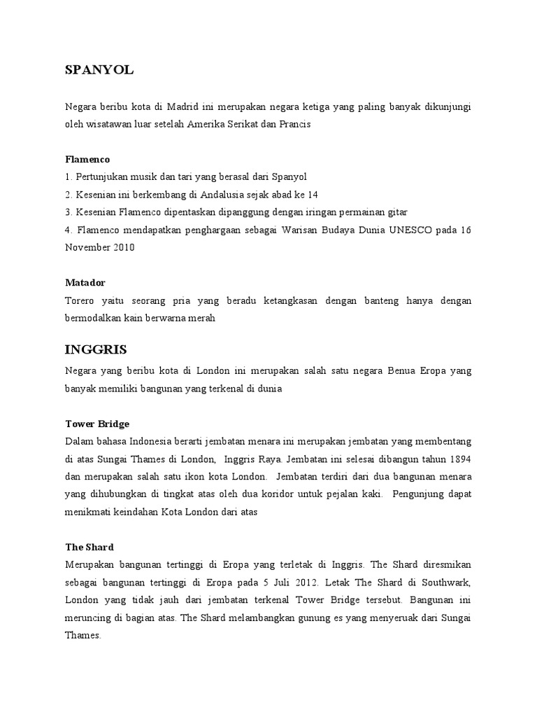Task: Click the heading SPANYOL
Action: point(99,69)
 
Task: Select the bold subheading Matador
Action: point(85,282)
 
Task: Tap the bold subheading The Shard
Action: point(89,546)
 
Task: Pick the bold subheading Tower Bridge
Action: point(97,424)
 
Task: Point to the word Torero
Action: point(80,300)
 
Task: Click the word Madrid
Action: point(184,106)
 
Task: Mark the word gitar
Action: point(396,212)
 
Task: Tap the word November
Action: point(89,247)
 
